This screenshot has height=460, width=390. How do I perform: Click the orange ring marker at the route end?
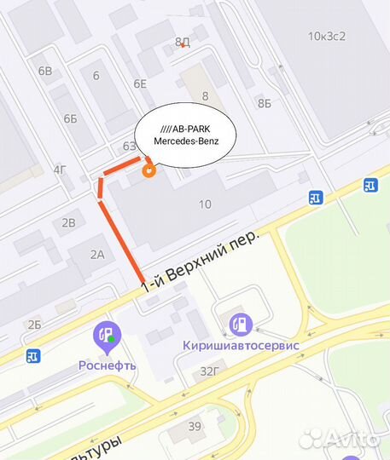[x=150, y=170]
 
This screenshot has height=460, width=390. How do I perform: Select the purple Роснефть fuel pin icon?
[x=108, y=337]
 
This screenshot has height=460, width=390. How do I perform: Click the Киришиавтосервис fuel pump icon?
[x=240, y=323]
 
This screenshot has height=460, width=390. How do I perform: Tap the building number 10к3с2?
[x=329, y=36]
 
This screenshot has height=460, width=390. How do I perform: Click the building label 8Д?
[x=182, y=42]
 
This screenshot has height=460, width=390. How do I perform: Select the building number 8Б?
[x=264, y=103]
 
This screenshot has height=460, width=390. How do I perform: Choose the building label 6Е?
[x=140, y=83]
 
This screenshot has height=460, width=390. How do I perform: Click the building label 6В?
[x=44, y=71]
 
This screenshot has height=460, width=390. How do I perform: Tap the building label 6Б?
[x=70, y=118]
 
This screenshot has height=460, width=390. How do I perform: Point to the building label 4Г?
[x=60, y=170]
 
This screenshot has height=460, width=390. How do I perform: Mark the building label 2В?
[x=69, y=222]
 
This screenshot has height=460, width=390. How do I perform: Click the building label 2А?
[x=96, y=253]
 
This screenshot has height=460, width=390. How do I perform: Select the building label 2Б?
[x=34, y=324]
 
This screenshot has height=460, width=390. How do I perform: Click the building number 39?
[x=195, y=427]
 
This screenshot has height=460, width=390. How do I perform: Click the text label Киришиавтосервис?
[x=240, y=346]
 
